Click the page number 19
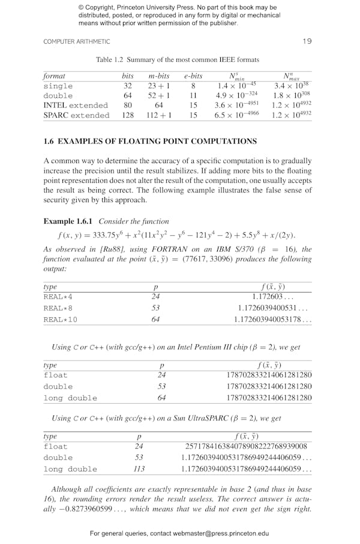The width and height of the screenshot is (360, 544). coord(307,41)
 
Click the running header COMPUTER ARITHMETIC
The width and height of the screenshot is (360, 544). coord(77,42)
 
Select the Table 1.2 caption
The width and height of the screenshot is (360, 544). coord(178,60)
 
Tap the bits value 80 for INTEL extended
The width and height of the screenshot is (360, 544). coord(127,105)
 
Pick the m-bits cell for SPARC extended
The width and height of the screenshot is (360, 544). coord(159,115)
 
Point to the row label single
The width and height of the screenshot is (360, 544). coord(58,86)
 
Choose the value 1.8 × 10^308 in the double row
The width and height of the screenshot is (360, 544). coord(291,95)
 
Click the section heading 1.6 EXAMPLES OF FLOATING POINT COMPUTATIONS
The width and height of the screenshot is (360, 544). coord(150,142)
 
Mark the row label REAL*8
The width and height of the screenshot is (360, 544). coord(58,308)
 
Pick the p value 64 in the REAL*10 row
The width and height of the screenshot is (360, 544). coord(155,320)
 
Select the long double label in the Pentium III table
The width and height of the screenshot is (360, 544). coord(70,398)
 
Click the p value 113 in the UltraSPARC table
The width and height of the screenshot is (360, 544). coord(139,469)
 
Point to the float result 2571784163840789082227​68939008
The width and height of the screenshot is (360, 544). coord(246,446)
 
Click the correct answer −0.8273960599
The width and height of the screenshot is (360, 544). coord(92,509)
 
